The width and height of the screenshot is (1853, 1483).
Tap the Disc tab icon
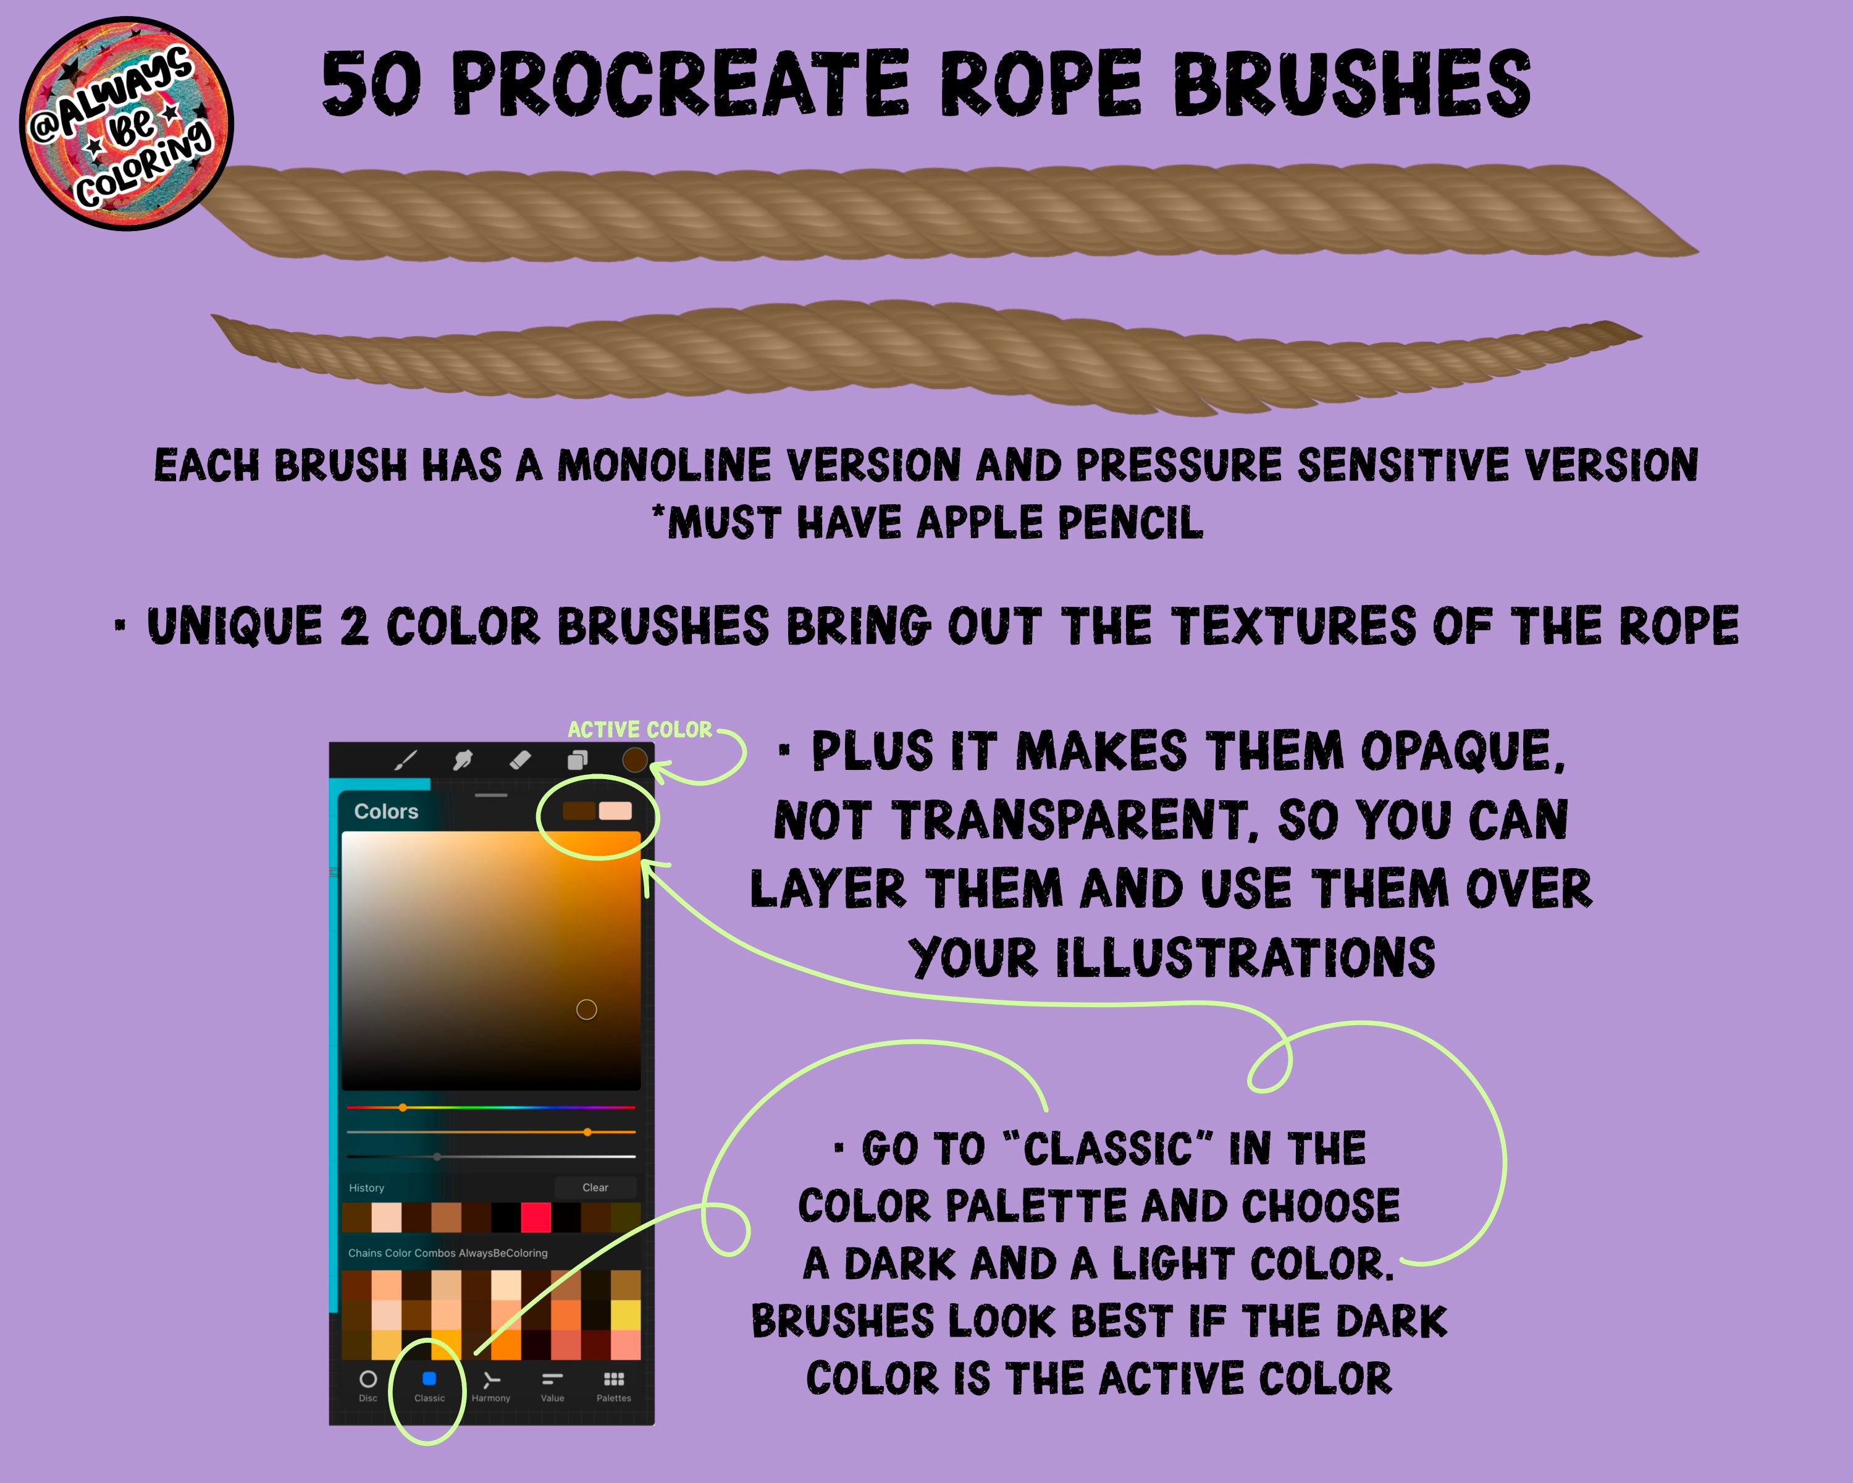point(368,1379)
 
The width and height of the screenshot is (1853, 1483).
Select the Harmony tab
point(491,1385)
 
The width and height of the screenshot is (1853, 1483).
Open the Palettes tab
point(614,1385)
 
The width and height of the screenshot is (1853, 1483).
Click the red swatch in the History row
point(536,1217)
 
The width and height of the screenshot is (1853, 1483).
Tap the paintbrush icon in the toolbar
point(406,760)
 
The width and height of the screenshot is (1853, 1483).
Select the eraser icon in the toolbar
point(520,760)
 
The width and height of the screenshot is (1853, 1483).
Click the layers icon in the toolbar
point(578,760)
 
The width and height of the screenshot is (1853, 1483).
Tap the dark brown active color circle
point(634,760)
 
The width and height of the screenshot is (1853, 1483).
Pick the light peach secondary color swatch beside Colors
point(615,811)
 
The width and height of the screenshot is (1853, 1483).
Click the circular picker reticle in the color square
point(586,1009)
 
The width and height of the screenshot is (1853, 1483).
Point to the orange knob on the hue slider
point(402,1107)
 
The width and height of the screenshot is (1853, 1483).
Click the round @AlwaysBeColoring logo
point(127,124)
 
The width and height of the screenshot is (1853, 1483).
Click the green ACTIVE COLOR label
point(639,729)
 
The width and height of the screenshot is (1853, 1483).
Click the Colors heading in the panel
point(386,811)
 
